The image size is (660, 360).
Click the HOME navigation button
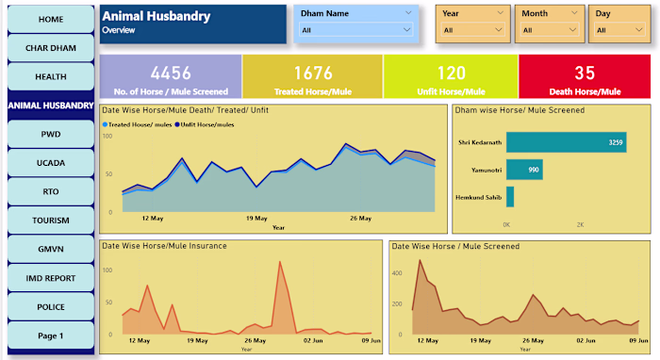pyautogui.click(x=51, y=19)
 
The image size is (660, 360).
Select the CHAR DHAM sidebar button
pyautogui.click(x=51, y=48)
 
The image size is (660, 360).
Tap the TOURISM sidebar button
pyautogui.click(x=51, y=220)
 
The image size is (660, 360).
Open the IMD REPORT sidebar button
pyautogui.click(x=51, y=278)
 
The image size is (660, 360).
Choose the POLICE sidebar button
pyautogui.click(x=51, y=307)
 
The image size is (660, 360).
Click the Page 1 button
pyautogui.click(x=51, y=335)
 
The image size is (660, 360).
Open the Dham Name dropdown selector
pyautogui.click(x=356, y=30)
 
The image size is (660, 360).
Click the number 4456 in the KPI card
pyautogui.click(x=171, y=73)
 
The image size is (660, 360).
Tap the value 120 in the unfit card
pyautogui.click(x=452, y=73)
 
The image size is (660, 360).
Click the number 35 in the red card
pyautogui.click(x=585, y=73)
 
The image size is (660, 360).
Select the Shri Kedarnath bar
pyautogui.click(x=566, y=142)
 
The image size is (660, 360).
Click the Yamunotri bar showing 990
pyautogui.click(x=523, y=170)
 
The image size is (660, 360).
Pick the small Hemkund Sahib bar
pyautogui.click(x=510, y=196)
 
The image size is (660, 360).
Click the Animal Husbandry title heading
pyautogui.click(x=156, y=16)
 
